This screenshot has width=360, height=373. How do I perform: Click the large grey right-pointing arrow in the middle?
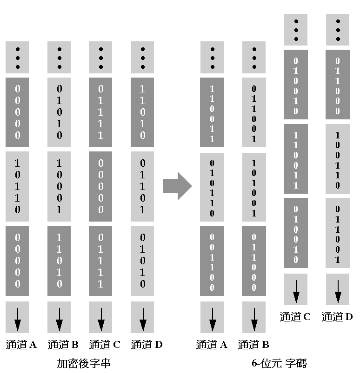click(x=177, y=186)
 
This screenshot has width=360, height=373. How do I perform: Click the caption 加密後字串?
click(x=84, y=363)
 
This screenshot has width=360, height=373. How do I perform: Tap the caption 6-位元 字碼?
click(x=279, y=363)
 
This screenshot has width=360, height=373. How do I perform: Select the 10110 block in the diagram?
click(x=17, y=186)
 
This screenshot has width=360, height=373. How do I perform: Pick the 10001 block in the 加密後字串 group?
click(x=59, y=186)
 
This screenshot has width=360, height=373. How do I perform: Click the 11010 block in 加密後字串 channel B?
click(x=59, y=261)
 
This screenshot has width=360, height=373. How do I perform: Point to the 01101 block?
click(x=142, y=186)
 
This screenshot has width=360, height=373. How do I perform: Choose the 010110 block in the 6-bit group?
click(x=212, y=188)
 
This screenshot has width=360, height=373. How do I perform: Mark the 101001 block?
click(x=254, y=188)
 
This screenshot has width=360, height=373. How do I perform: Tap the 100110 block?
click(x=338, y=161)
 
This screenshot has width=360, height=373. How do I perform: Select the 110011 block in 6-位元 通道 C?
click(x=296, y=161)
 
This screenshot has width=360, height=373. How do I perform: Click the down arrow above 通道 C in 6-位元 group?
click(x=296, y=289)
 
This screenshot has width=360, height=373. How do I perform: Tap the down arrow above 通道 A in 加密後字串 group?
click(x=17, y=317)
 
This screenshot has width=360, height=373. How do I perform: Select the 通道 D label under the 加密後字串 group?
click(x=147, y=345)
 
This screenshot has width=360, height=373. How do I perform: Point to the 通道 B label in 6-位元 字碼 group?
click(x=253, y=345)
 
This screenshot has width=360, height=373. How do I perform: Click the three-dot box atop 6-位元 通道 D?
click(x=338, y=30)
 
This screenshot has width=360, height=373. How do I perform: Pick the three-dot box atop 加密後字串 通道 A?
click(x=17, y=58)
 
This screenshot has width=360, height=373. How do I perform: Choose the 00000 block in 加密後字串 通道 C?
click(x=100, y=186)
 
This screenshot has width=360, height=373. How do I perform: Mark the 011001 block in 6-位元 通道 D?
click(x=338, y=234)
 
